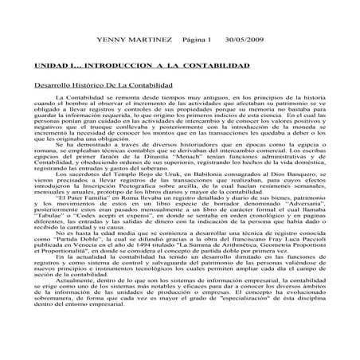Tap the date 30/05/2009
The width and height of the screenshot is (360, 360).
coord(243,39)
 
